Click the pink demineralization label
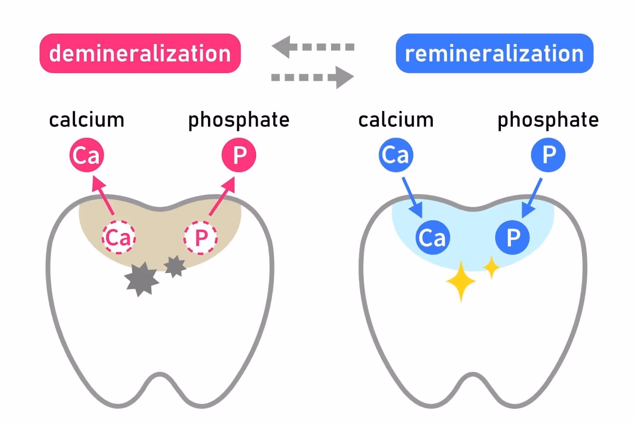(x=140, y=53)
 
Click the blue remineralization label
(x=494, y=53)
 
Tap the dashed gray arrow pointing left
(x=313, y=47)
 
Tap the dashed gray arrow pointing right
(x=313, y=77)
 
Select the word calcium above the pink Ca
(x=86, y=120)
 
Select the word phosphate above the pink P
(x=239, y=120)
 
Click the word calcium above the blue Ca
(x=396, y=120)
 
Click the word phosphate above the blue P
(x=548, y=120)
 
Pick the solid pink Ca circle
(x=87, y=155)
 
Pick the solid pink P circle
(x=239, y=155)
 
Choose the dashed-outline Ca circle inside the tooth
(x=119, y=237)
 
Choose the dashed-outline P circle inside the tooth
(x=201, y=237)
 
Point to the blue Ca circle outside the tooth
(x=396, y=155)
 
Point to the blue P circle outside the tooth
(x=548, y=155)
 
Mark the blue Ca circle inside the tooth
(x=433, y=237)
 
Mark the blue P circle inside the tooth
(x=513, y=237)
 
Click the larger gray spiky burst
(x=141, y=279)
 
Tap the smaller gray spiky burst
(x=175, y=266)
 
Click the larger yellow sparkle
(x=461, y=281)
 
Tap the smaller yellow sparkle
(x=491, y=267)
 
